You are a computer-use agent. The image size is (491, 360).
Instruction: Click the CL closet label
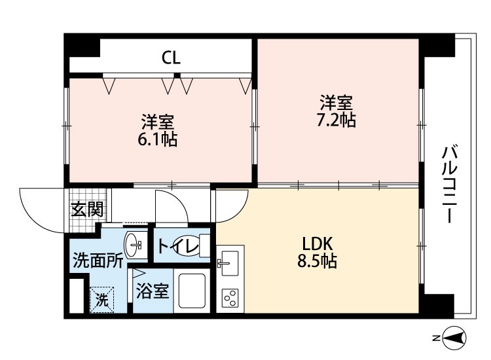click(171, 58)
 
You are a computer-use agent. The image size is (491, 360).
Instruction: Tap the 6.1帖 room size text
click(158, 139)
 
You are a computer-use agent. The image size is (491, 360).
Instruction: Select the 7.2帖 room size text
click(336, 120)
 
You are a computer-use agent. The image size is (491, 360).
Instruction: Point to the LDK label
click(317, 244)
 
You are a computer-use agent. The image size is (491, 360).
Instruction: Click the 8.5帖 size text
click(317, 261)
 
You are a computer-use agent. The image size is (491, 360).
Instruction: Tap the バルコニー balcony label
click(449, 185)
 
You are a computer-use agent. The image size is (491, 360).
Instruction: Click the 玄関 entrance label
click(87, 209)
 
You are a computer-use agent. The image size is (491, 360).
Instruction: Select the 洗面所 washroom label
click(98, 261)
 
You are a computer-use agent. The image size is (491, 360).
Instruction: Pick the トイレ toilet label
click(178, 245)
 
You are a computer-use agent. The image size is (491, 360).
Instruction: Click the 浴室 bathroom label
click(153, 291)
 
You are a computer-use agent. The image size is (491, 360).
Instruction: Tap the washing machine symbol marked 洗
click(101, 300)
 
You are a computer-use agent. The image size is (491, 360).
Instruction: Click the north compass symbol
click(454, 338)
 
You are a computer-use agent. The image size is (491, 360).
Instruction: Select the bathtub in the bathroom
click(192, 291)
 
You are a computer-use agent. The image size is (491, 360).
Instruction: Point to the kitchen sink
click(230, 263)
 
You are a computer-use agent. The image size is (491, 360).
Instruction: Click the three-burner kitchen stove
click(230, 298)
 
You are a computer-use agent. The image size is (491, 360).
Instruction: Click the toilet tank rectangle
click(205, 245)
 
